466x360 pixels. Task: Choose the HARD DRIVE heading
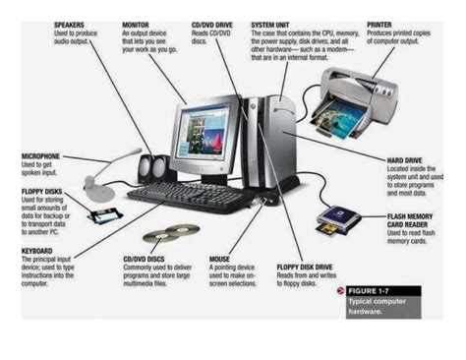[380, 158]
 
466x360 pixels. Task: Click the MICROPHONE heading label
[41, 155]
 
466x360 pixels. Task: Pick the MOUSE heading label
[220, 259]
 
